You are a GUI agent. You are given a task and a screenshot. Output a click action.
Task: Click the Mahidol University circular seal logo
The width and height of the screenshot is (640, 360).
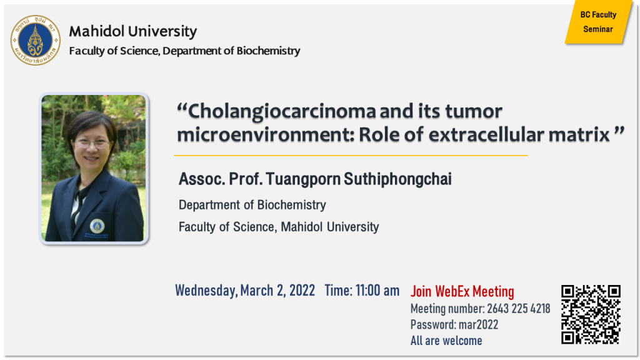point(36,40)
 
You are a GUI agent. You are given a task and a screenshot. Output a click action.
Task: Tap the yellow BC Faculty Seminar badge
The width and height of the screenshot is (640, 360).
point(598,22)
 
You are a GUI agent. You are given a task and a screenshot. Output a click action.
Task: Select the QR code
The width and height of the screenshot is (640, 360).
point(591,314)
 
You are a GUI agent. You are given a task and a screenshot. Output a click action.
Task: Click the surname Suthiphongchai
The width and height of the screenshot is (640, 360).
point(397,179)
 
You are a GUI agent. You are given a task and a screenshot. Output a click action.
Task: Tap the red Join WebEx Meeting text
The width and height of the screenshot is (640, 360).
point(462,291)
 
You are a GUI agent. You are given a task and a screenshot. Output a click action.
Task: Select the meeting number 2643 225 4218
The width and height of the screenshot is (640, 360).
point(518,309)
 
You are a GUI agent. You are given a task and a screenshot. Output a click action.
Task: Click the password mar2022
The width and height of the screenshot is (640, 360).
point(478,325)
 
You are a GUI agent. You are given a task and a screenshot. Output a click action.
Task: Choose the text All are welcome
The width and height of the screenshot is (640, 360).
point(446,341)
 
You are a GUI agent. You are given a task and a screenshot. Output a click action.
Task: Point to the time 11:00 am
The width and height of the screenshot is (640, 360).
point(377,291)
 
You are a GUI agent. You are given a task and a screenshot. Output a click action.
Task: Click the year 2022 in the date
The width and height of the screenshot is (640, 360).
point(302,291)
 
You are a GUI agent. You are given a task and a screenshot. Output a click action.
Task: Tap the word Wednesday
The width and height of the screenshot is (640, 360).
point(206,291)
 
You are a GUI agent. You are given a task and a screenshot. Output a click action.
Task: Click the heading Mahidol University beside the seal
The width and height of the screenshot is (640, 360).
point(132,31)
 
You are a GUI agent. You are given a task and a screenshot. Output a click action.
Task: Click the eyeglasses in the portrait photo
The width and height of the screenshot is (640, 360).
point(92,143)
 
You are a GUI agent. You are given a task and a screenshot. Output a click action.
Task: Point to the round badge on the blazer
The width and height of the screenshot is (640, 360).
point(97,226)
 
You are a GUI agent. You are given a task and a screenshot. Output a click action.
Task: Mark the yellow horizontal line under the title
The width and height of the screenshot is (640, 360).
point(351,156)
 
